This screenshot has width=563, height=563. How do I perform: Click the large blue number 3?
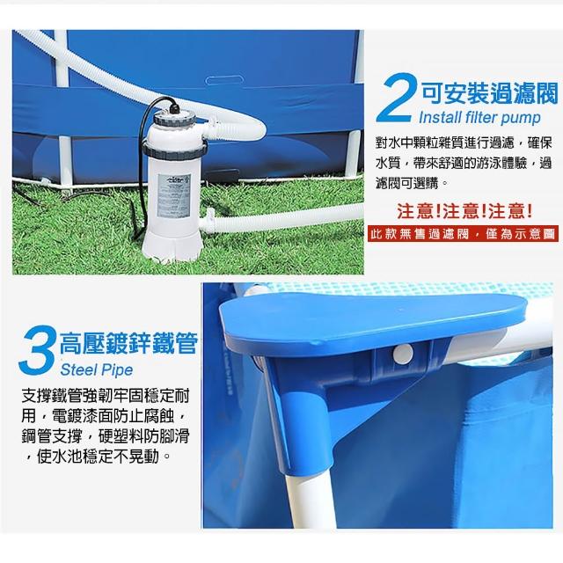(x=36, y=350)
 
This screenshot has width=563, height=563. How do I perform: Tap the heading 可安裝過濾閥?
(x=489, y=93)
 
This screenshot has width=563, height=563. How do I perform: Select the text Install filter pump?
(x=479, y=117)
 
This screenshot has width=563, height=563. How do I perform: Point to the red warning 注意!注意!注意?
(x=464, y=211)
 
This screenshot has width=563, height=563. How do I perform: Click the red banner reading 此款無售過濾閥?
(x=463, y=234)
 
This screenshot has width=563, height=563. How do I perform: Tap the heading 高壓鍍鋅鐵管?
(x=128, y=343)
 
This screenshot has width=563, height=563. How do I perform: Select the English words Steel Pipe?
(x=97, y=369)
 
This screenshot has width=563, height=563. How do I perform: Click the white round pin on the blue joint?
(x=403, y=354)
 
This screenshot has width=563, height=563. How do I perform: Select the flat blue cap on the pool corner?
(x=373, y=315)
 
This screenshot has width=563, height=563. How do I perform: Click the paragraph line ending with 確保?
(x=464, y=143)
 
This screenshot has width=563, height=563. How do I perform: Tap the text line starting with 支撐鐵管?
(x=105, y=396)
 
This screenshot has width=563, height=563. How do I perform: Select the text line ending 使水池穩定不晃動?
(x=96, y=457)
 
